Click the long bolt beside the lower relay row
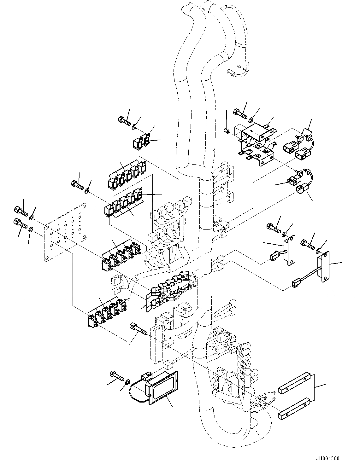[139, 328]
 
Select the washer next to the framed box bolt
[127, 382]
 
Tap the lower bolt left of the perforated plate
[21, 223]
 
